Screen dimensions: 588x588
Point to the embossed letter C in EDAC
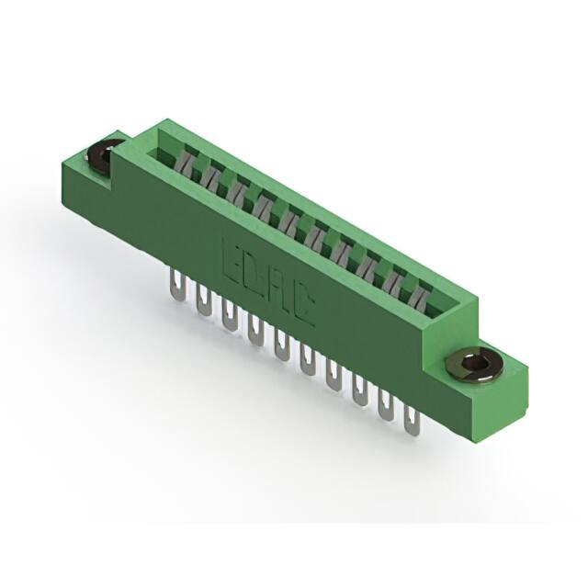[x=303, y=310]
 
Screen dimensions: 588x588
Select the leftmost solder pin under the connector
[x=175, y=285]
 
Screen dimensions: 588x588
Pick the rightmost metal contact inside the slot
[x=421, y=294]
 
